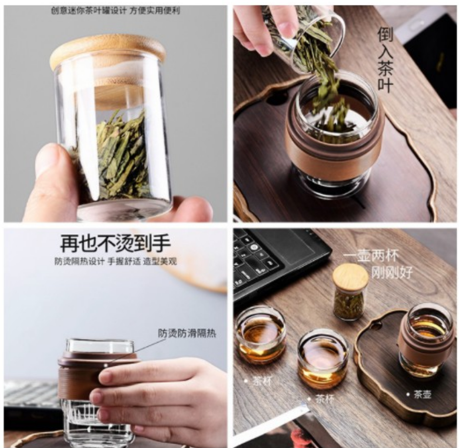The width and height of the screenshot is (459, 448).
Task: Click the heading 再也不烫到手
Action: click(115, 243)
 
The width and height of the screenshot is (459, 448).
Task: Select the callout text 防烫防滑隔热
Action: click(187, 333)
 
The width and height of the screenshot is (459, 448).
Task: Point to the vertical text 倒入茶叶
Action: click(385, 59)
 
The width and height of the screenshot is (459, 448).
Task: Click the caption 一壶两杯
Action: click(371, 256)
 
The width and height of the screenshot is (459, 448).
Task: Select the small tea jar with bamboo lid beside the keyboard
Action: click(350, 291)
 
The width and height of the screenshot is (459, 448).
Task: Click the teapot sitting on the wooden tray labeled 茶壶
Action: click(424, 340)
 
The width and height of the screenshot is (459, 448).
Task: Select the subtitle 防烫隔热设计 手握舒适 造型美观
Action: click(115, 261)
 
